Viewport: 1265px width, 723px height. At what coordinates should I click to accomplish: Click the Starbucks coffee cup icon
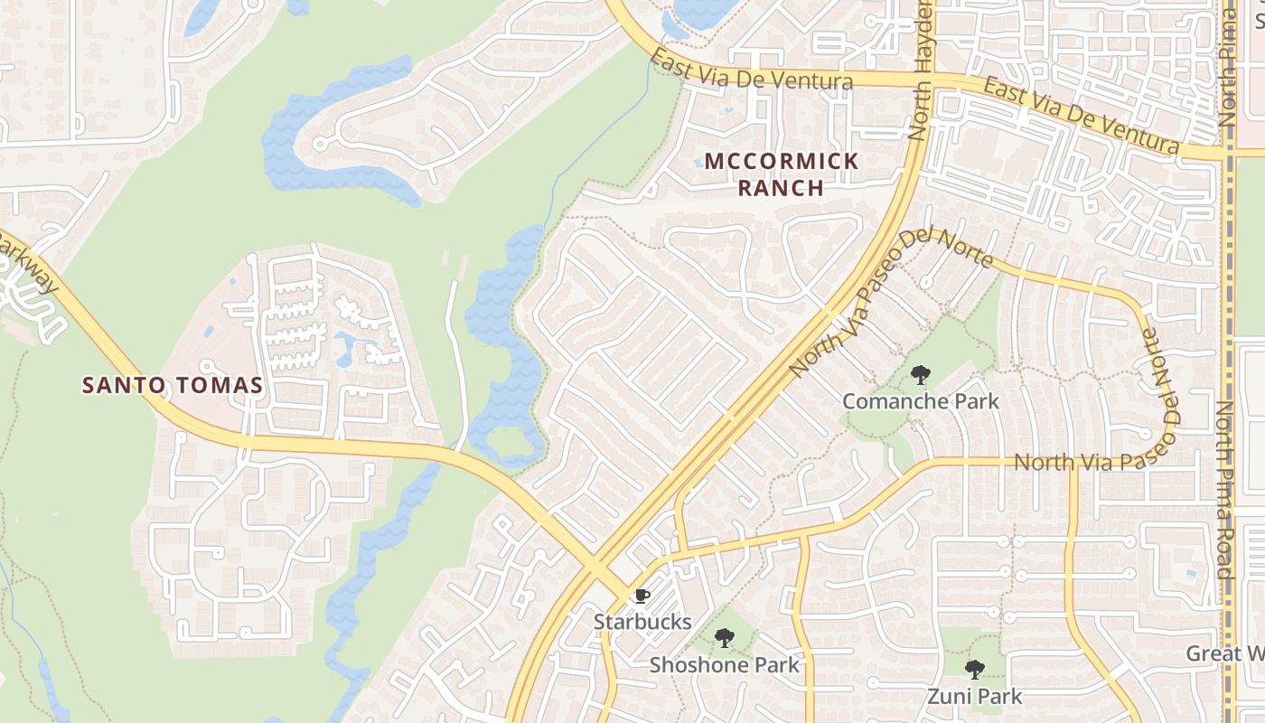pos(642,596)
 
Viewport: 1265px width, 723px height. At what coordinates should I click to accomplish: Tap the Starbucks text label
pos(642,622)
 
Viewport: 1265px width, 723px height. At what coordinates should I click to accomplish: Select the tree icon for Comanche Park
pos(920,374)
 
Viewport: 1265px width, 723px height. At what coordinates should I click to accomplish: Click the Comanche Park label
pos(921,400)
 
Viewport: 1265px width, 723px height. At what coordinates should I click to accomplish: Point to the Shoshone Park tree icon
pos(724,638)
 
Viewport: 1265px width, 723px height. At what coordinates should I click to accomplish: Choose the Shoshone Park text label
pos(725,665)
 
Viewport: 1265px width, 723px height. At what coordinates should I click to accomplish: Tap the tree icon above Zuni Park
pos(974,670)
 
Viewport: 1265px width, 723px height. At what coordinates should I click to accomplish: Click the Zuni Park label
pos(975,696)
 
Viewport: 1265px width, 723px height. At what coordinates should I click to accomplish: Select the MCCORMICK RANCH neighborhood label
pos(782,174)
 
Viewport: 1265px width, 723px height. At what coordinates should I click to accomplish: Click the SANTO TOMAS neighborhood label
pos(173,385)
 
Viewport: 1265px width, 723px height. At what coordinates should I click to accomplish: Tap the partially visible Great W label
pos(1224,653)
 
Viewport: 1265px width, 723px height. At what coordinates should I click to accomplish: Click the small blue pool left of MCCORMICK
pos(698,163)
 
